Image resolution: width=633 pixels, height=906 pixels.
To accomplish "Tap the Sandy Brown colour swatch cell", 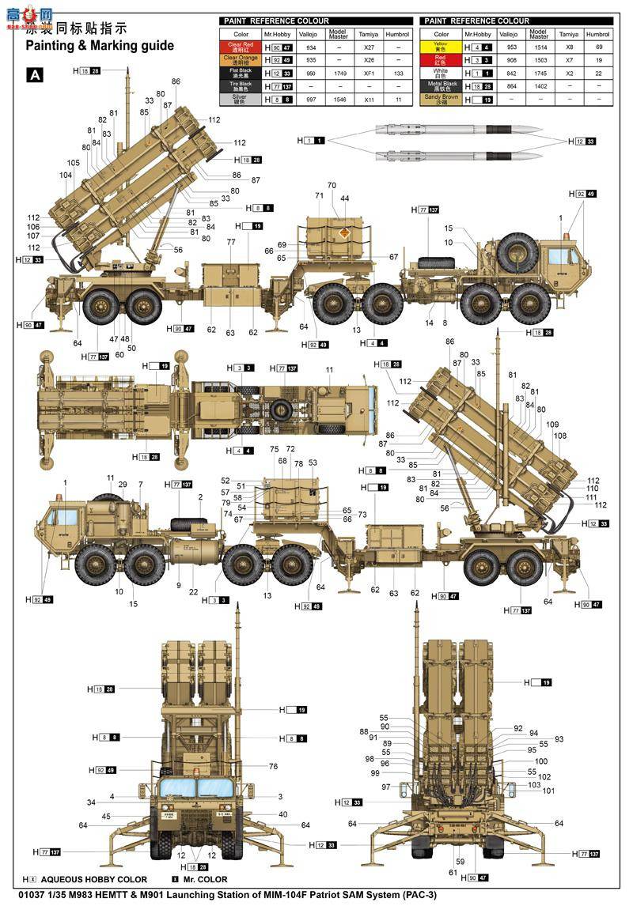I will click(442, 100).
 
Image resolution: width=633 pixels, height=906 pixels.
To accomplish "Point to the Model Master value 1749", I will click(339, 73).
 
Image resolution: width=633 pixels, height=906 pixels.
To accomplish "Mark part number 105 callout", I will click(74, 164).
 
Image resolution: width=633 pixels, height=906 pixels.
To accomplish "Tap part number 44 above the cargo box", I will click(345, 198).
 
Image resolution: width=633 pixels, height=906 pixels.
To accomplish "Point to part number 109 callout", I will click(552, 425).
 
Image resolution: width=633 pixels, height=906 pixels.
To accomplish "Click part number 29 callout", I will click(123, 485).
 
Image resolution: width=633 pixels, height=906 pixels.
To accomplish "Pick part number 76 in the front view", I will click(273, 766).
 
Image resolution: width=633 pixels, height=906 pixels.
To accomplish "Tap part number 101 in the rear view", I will click(548, 791).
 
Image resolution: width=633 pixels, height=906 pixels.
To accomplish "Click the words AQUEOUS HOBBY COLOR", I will click(93, 879).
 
